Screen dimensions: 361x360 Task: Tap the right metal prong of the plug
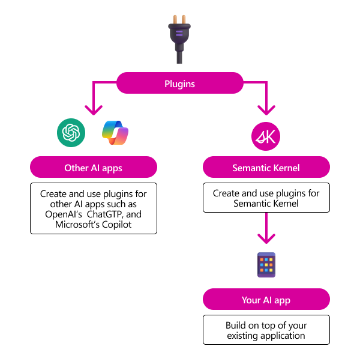point(184,20)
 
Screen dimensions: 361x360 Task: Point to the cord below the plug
point(179,58)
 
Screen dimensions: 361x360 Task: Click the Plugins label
point(179,83)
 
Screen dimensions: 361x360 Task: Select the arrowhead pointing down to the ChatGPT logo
point(93,110)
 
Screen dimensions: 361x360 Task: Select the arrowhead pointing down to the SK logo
point(266,110)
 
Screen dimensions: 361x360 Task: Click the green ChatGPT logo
point(71,132)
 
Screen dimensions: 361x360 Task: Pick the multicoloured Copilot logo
point(115,133)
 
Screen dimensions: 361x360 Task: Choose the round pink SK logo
point(266,136)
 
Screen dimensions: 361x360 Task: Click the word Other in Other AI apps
point(76,168)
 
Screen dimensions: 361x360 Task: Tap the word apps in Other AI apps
point(112,168)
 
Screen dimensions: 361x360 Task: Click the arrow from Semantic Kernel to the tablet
point(266,228)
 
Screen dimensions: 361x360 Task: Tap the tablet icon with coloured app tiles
point(266,265)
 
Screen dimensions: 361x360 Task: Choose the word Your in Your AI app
point(251,300)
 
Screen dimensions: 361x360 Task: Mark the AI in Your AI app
point(268,300)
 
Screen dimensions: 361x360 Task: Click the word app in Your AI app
point(283,300)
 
